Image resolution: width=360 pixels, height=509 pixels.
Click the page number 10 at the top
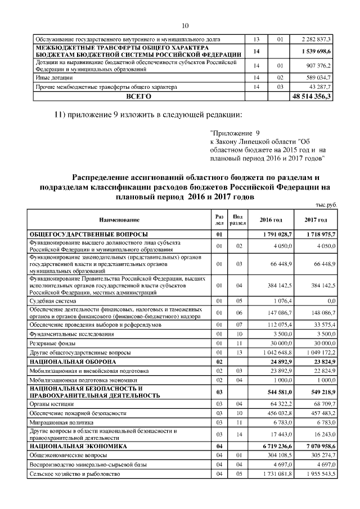[186, 25]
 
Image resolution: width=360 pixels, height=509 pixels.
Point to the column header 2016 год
[271, 219]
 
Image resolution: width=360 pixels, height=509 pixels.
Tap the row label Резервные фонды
[53, 343]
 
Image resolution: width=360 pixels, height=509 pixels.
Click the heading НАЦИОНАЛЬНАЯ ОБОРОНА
[73, 361]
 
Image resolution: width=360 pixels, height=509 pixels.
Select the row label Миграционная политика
[60, 421]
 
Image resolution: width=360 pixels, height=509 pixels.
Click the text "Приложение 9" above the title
[231, 134]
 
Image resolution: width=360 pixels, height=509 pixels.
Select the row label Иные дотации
[51, 77]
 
